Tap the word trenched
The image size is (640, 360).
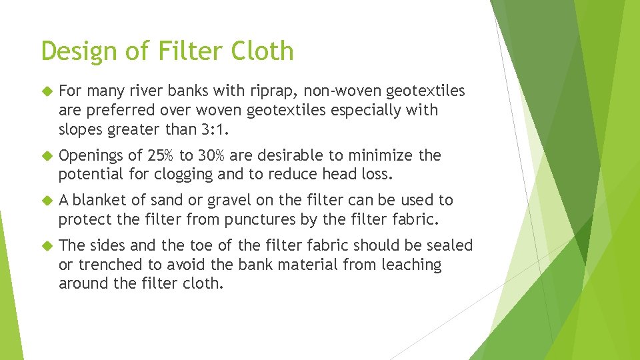point(105,265)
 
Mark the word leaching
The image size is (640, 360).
point(411,265)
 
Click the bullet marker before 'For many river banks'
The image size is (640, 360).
point(46,91)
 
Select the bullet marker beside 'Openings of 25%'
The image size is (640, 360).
point(46,155)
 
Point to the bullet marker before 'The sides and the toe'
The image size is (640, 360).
point(46,245)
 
